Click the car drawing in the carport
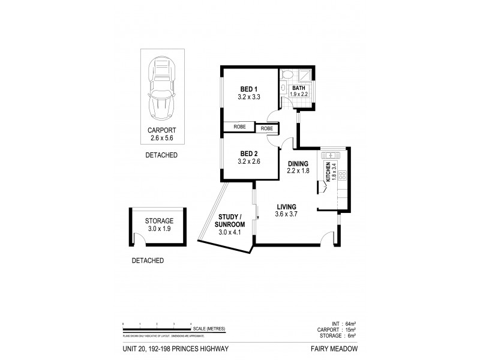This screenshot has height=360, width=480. pos(161,87)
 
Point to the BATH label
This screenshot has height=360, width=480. pos(299,88)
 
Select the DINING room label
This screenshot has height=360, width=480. pos(298,163)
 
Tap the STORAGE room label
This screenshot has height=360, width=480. pos(159,221)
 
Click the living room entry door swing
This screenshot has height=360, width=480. pos(328,238)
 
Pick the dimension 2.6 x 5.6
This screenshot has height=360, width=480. pos(161,137)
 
